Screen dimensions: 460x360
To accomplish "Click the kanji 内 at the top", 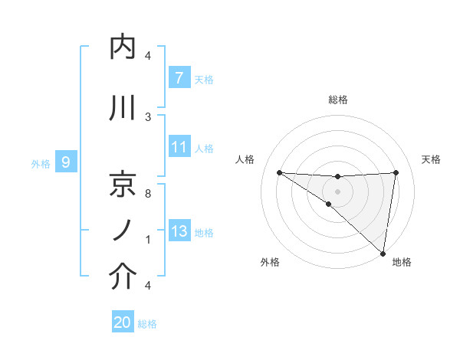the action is (123, 47).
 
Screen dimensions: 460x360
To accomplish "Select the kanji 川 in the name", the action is (123, 108).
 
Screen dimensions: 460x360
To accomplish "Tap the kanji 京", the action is (123, 185).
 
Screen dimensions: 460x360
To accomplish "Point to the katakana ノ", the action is (123, 230).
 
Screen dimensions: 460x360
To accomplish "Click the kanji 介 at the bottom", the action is (123, 277).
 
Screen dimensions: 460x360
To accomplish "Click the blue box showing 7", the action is (179, 78).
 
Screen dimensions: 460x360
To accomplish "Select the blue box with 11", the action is (179, 147).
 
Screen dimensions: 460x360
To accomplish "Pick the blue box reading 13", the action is (179, 231).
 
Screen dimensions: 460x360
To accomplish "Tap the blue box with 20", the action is (123, 322).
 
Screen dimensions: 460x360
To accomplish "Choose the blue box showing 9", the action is (66, 162).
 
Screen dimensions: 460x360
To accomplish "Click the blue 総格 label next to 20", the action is (147, 324).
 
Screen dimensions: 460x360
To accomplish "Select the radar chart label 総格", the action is (337, 100).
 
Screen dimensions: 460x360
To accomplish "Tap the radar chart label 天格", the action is (431, 159).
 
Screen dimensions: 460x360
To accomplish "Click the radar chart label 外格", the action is (270, 263).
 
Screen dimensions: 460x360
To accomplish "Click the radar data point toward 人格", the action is (279, 172).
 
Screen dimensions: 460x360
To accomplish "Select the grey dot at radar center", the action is (337, 190).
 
